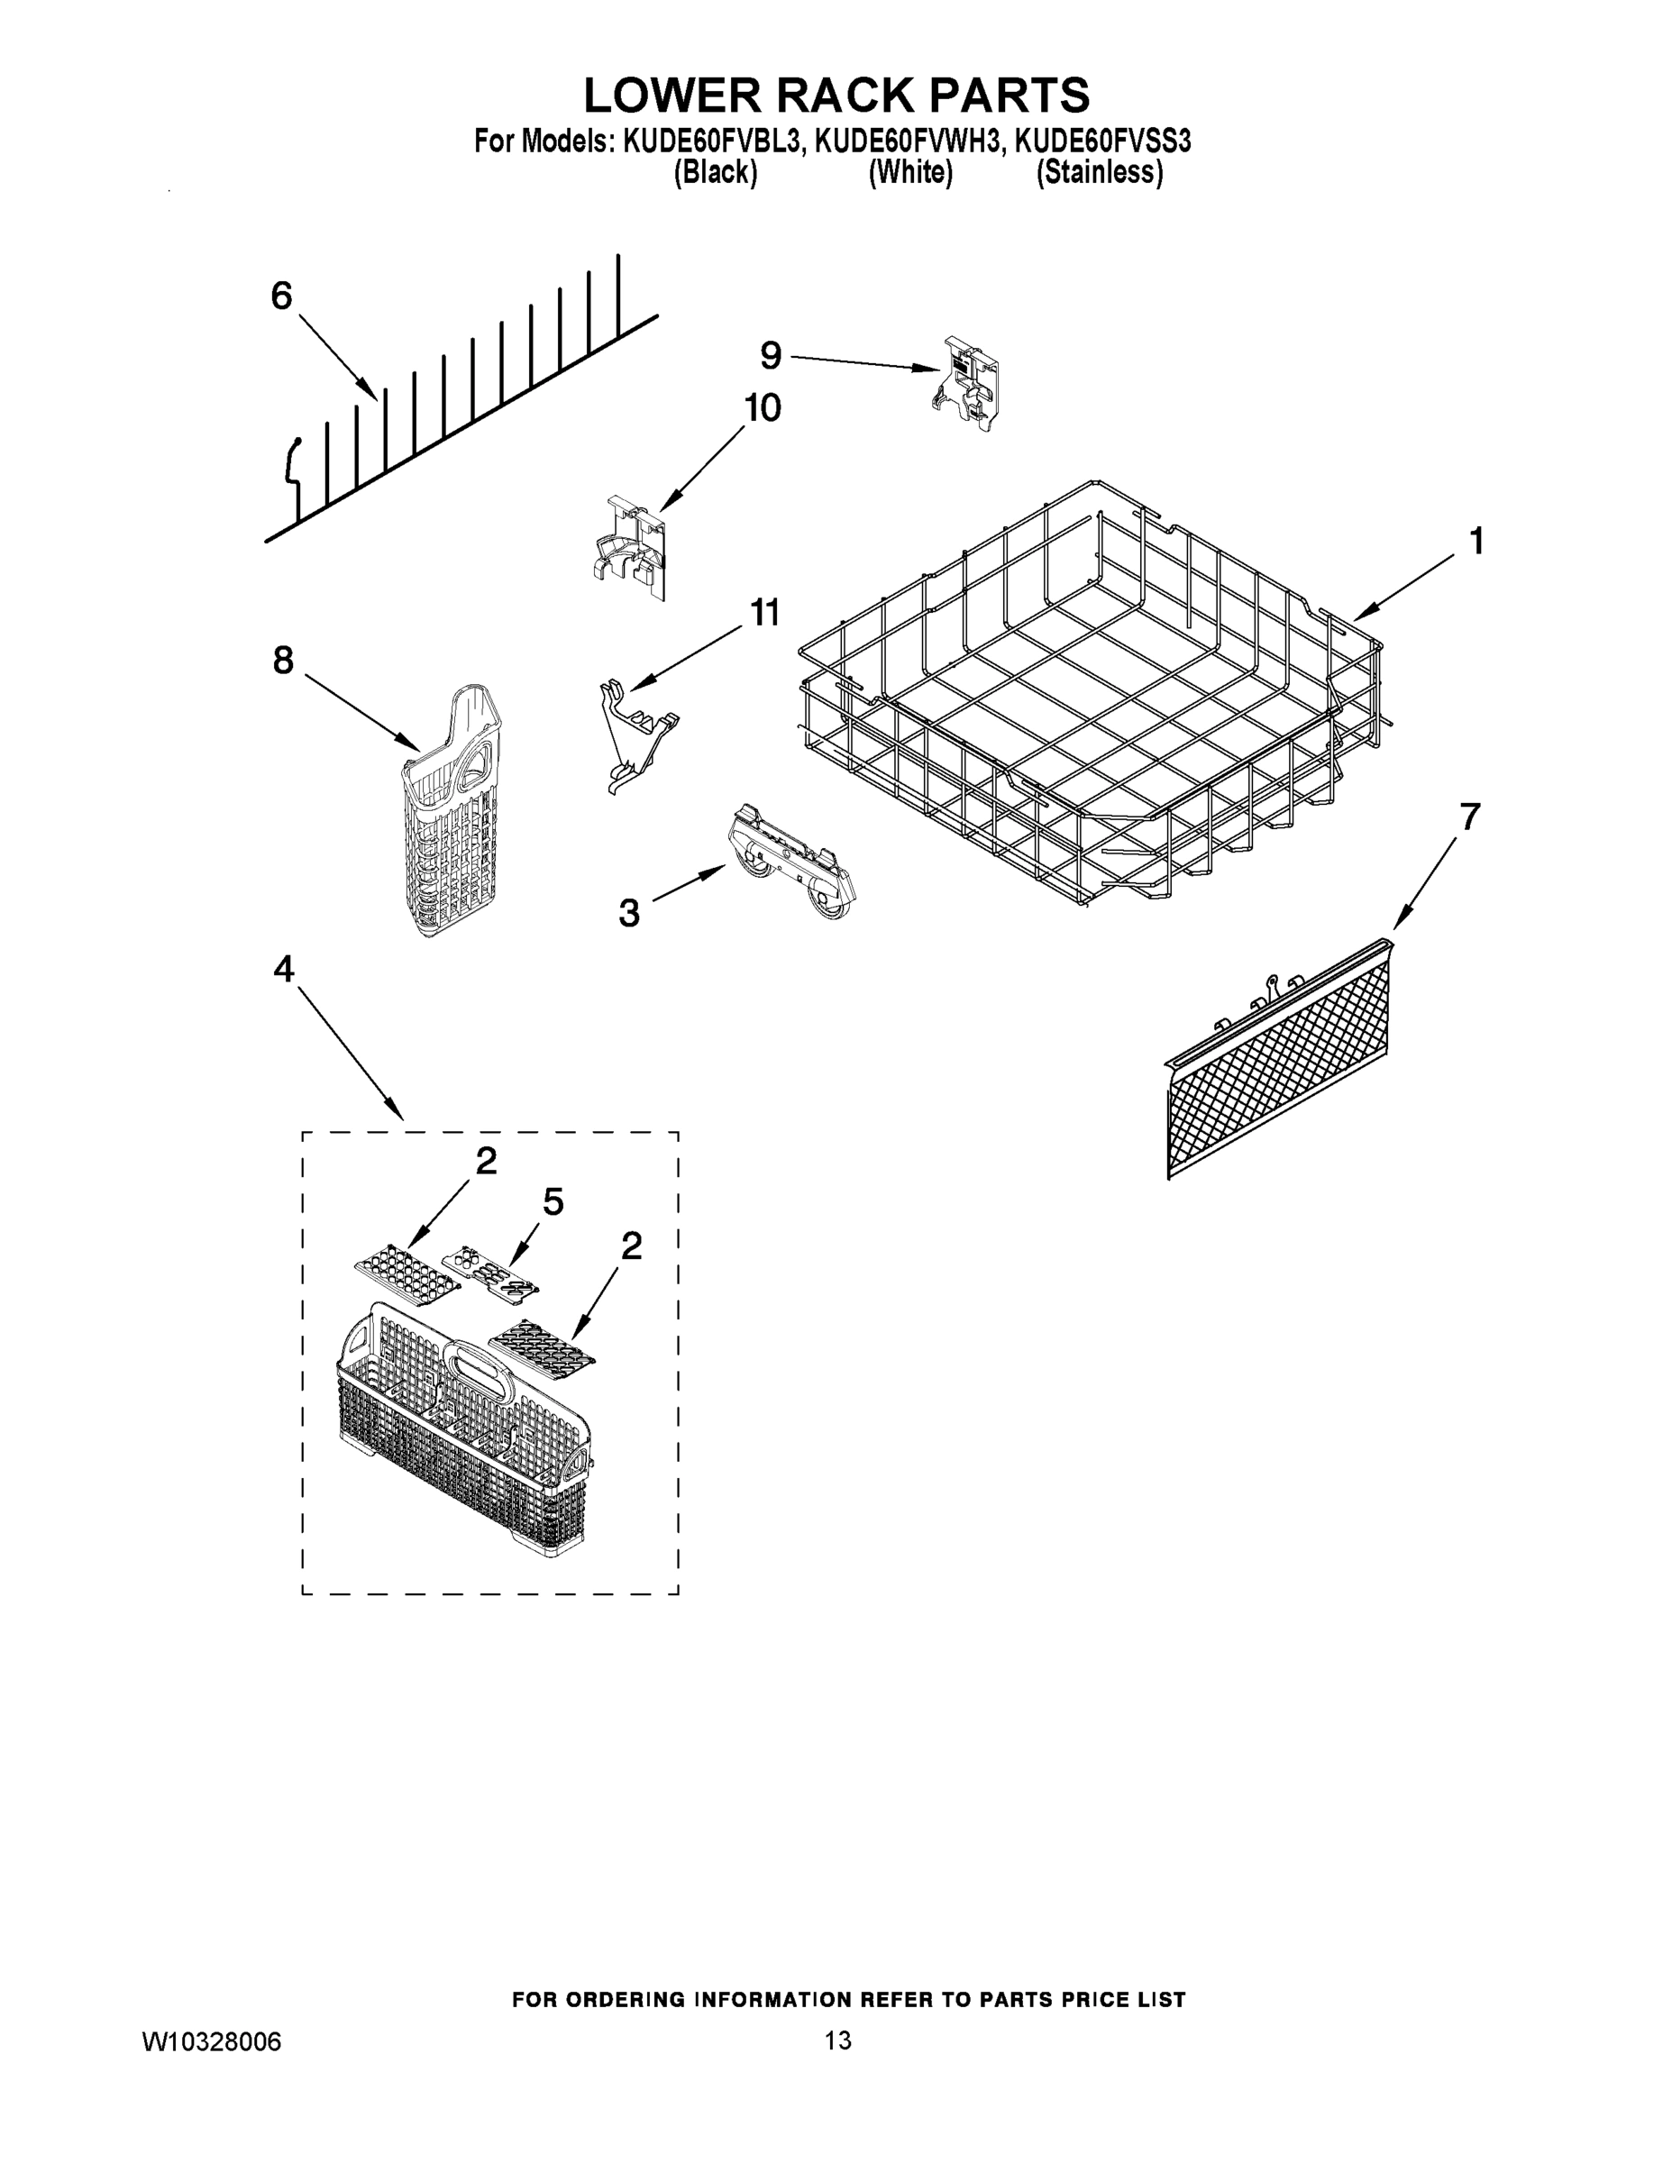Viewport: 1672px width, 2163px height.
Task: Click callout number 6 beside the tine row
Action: [282, 297]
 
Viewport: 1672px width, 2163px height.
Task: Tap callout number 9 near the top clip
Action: [771, 354]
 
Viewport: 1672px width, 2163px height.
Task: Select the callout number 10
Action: [762, 408]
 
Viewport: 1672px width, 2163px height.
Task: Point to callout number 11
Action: [763, 613]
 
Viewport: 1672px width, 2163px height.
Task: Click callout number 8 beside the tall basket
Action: [283, 661]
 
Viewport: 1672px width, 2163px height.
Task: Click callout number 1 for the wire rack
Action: [1476, 542]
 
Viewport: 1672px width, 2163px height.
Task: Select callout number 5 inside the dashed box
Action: [553, 1202]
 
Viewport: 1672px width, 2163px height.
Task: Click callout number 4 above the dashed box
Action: [283, 970]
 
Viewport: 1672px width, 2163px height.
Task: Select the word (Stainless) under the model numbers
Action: [1099, 172]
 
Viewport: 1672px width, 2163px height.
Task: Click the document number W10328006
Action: [212, 2041]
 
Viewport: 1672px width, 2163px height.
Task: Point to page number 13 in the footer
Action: [837, 2040]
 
